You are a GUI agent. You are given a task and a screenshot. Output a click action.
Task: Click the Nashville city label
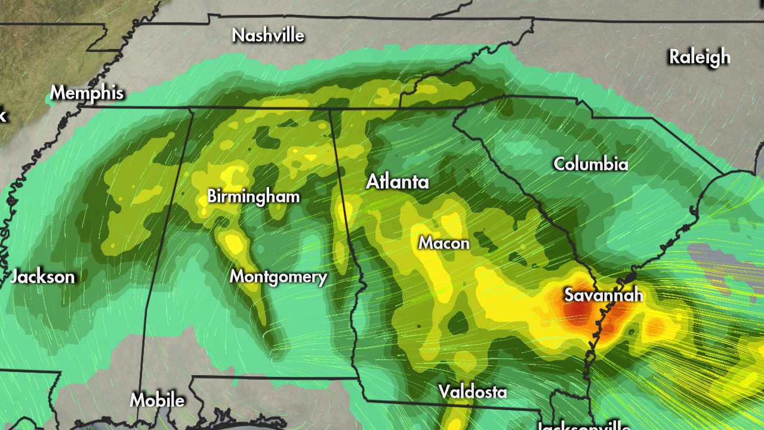[x=268, y=35]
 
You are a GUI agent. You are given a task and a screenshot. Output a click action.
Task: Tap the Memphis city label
[x=87, y=93]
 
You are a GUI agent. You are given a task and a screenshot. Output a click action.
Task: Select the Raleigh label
[x=700, y=57]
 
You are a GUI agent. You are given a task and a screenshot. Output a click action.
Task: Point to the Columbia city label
[x=591, y=164]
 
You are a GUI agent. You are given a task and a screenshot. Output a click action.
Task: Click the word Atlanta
[x=398, y=182]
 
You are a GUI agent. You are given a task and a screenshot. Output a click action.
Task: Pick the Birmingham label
[x=254, y=196]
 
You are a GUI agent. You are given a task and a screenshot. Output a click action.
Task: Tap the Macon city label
[x=443, y=243]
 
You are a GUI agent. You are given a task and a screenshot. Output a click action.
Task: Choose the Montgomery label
[x=279, y=277]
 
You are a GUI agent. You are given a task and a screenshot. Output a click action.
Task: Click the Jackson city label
[x=43, y=277]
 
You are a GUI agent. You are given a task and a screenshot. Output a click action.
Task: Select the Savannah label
[x=603, y=294]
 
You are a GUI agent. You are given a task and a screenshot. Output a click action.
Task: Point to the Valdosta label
[x=473, y=392]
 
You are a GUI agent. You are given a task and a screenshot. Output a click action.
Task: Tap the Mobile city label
[x=157, y=400]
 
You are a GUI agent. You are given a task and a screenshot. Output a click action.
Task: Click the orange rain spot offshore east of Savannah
[x=656, y=326]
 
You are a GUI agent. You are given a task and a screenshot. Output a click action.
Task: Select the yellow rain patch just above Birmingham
[x=229, y=176]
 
